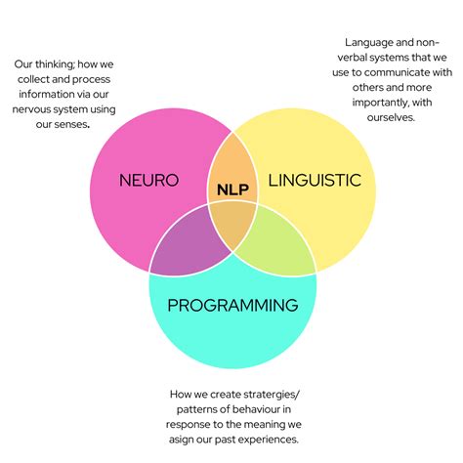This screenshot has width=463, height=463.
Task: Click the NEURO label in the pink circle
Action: pos(147,181)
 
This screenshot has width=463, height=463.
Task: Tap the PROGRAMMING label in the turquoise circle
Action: pos(231,305)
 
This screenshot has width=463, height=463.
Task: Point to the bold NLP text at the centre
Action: pos(231,189)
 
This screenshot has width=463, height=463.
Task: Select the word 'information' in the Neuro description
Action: pos(44,95)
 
